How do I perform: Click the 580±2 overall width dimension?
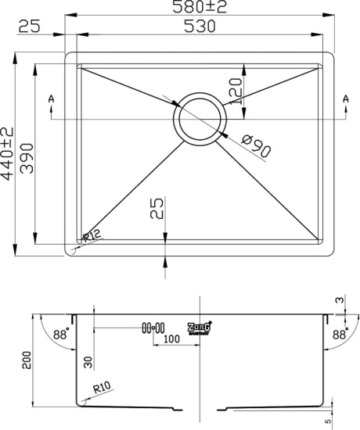pyautogui.click(x=201, y=7)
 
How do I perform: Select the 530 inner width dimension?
pyautogui.click(x=201, y=27)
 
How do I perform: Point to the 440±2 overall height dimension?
pyautogui.click(x=8, y=154)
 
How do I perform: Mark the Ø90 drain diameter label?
pyautogui.click(x=257, y=146)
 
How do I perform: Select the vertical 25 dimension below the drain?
pyautogui.click(x=157, y=210)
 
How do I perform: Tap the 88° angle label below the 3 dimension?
pyautogui.click(x=340, y=334)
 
